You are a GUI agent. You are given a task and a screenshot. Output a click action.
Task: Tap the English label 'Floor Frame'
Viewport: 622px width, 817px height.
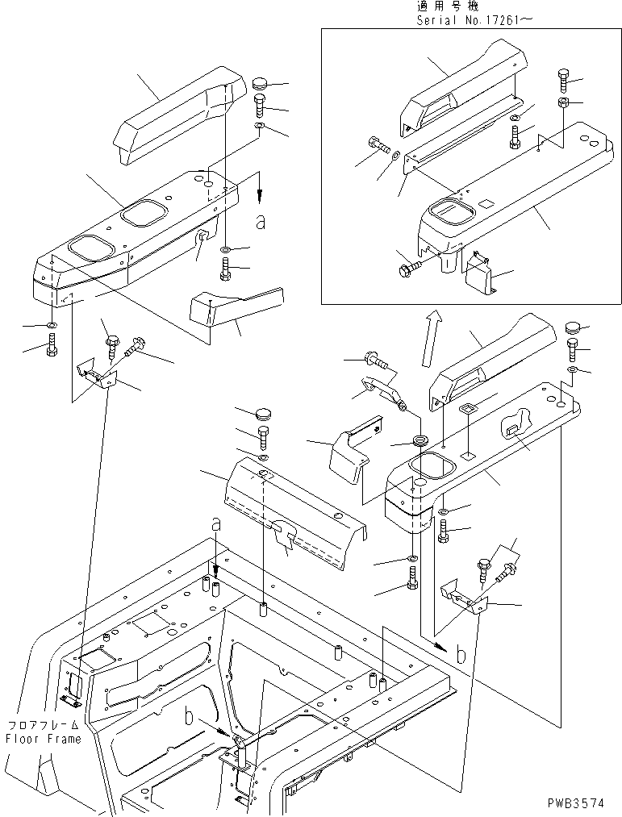pyautogui.click(x=43, y=739)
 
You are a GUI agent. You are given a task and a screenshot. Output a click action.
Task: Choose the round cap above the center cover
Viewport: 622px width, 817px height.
pyautogui.click(x=263, y=415)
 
